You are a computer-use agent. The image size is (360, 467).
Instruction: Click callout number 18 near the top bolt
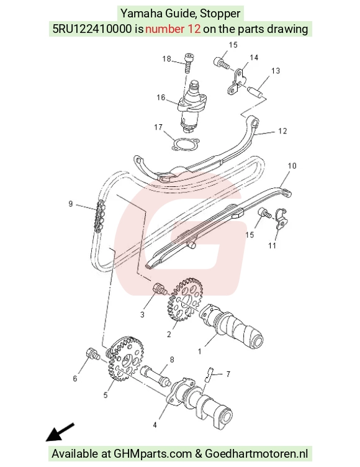point(166,58)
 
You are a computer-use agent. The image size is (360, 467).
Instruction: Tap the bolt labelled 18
point(189,63)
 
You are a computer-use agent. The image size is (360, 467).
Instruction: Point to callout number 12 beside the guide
point(282,131)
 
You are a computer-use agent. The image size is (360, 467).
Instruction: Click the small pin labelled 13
point(256,91)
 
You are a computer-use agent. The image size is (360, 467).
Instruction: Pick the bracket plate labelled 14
point(236,81)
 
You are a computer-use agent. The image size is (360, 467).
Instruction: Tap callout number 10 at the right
point(292,166)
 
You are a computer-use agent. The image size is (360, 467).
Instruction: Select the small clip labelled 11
point(281,219)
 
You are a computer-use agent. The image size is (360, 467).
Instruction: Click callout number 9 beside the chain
point(71,204)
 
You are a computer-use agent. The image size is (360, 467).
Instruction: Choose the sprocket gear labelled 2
point(184,299)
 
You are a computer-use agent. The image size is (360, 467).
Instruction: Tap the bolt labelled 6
point(92,353)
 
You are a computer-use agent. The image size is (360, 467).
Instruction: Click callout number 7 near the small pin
point(228,374)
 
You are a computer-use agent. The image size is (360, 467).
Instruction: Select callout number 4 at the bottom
point(155,425)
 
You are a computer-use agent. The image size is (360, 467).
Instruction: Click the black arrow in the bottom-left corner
point(60,432)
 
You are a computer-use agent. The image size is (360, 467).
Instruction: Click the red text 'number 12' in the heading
point(173,29)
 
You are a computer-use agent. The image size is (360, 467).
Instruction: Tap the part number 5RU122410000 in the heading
point(92,29)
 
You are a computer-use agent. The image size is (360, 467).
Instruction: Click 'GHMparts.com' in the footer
point(153,453)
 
